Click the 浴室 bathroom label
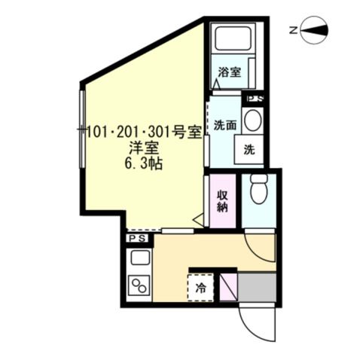pos(230,72)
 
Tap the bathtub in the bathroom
pos(233,38)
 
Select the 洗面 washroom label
pos(225,125)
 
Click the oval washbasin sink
pos(253,121)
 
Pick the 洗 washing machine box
pos(249,150)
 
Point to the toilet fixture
pos(259,188)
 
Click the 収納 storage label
pos(222,201)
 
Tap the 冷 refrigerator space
pos(201,288)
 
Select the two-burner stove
pos(139,285)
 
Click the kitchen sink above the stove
pos(139,258)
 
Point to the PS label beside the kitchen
pos(137,238)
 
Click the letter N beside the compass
pos(293,31)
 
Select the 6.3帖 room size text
pos(143,164)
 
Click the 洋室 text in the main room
pos(143,148)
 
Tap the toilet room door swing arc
pos(256,254)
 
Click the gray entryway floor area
pos(257,288)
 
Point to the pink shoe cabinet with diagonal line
pos(228,288)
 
